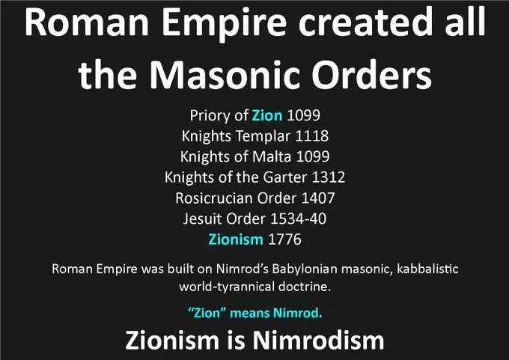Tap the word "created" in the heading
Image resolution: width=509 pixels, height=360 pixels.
coord(367,22)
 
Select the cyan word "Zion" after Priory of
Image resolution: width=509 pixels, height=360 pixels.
coord(267,115)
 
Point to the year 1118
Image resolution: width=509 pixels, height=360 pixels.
coord(311,135)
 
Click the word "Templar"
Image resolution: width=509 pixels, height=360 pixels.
coord(263,136)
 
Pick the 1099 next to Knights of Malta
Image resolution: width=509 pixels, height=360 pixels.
coord(313,156)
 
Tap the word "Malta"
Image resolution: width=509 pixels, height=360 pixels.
coord(272,156)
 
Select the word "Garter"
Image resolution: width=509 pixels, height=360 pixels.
coord(284,177)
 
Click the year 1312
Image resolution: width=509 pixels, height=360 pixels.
coord(328,177)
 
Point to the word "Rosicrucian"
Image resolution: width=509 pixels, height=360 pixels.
coord(213,198)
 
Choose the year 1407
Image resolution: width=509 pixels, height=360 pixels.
coord(318,198)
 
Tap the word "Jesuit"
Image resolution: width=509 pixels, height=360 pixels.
coord(202,219)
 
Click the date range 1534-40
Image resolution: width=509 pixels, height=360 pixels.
coord(298,219)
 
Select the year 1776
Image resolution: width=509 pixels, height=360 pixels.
coord(284,240)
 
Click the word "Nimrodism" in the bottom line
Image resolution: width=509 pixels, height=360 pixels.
coord(318,341)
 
